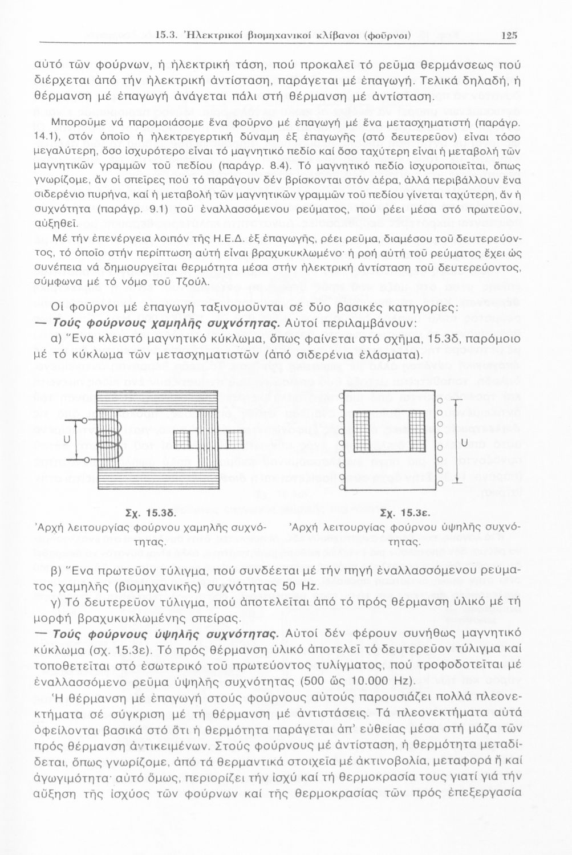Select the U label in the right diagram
tap(464, 442)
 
